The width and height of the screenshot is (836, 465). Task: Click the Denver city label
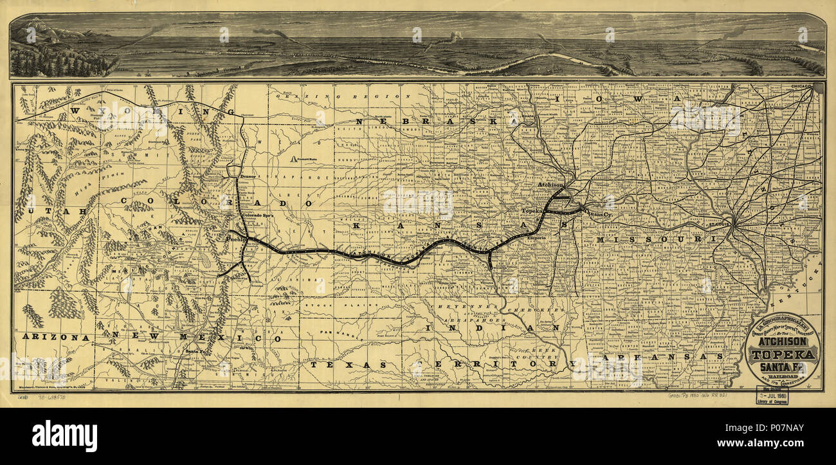coord(248,176)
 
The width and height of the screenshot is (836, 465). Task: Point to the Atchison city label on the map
coord(550,185)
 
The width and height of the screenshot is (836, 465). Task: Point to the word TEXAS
coord(348,365)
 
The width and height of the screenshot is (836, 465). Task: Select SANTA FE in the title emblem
coord(782,367)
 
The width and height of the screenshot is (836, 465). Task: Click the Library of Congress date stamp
coord(773,397)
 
